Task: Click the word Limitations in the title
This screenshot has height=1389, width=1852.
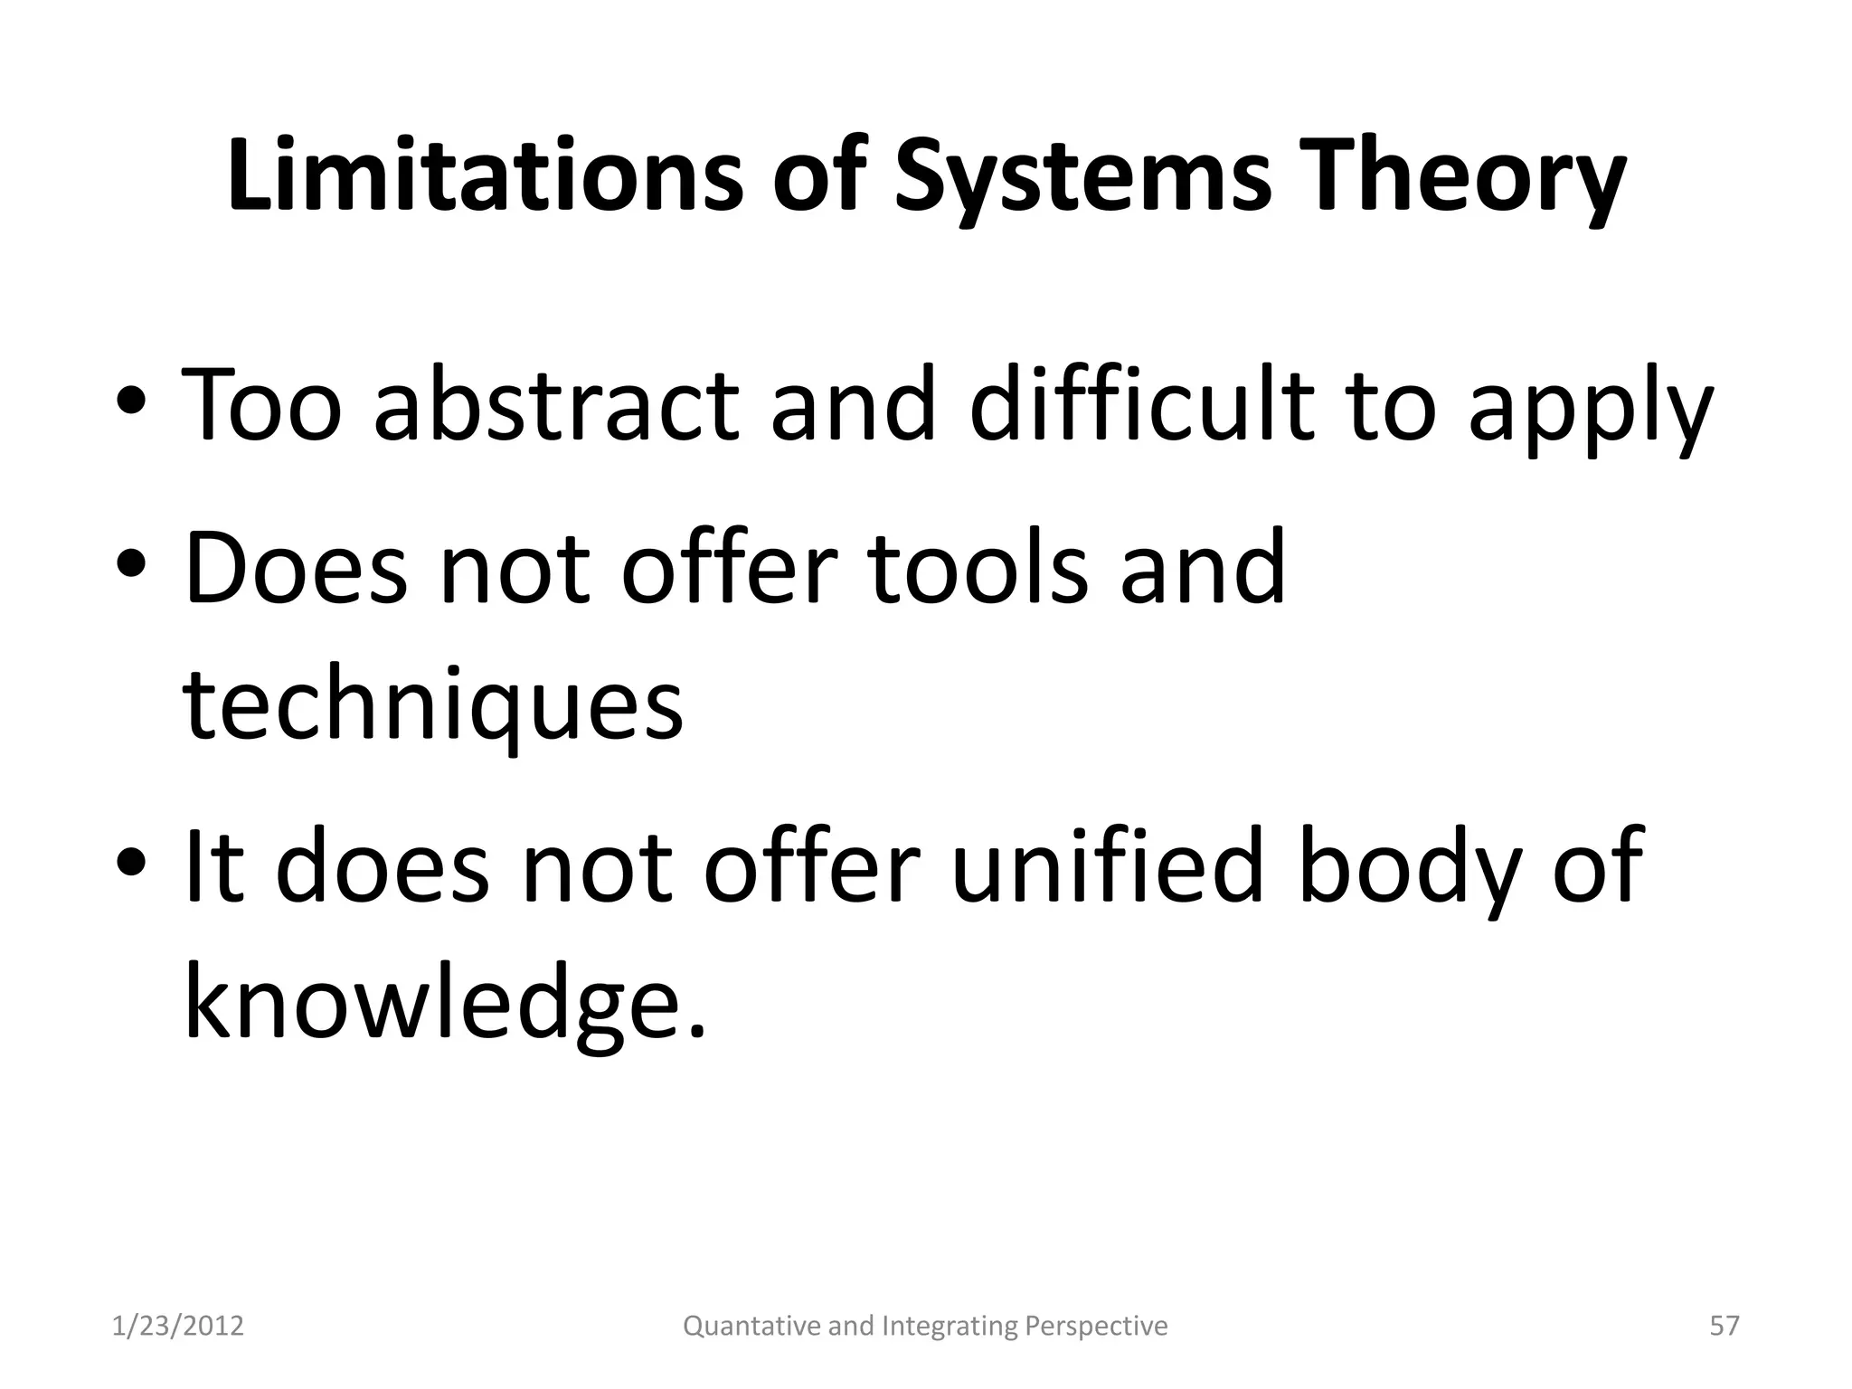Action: (x=485, y=175)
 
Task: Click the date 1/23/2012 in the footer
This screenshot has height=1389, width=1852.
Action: (x=178, y=1326)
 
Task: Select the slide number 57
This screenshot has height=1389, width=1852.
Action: (x=1724, y=1326)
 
